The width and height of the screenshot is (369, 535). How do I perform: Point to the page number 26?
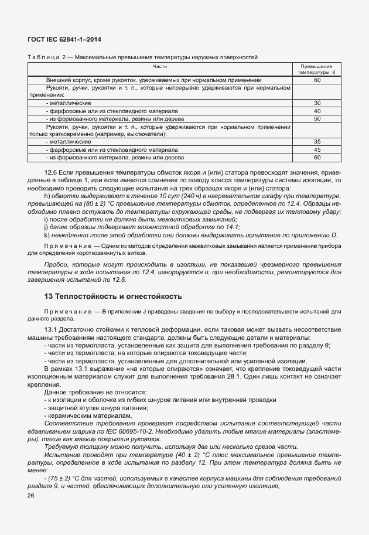point(31,496)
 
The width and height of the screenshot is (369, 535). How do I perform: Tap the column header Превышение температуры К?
point(317,70)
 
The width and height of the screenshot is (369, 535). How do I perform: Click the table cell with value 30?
point(317,103)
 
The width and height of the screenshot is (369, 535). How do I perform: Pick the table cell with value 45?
point(317,149)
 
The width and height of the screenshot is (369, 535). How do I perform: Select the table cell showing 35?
point(317,142)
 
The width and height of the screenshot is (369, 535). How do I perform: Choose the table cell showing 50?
point(317,118)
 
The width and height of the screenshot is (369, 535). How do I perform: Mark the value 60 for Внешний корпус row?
point(317,80)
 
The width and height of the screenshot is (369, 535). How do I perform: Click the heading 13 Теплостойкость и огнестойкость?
point(114,296)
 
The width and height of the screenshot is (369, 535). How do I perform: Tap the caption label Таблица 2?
point(48,57)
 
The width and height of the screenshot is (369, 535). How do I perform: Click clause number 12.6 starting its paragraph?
point(52,173)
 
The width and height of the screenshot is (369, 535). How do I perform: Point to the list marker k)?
point(46,235)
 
